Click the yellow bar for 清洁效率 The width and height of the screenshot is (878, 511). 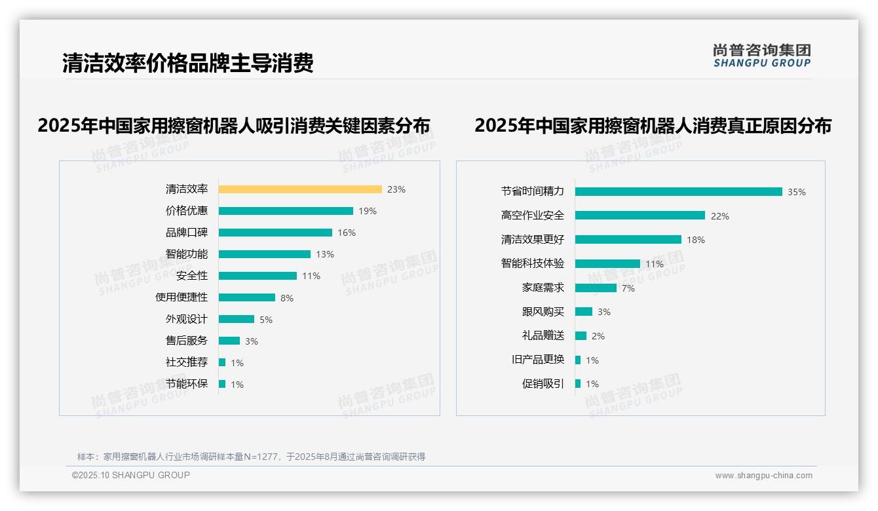coord(300,189)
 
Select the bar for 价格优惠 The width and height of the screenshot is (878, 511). coord(286,211)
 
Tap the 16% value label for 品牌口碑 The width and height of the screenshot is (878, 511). coord(347,233)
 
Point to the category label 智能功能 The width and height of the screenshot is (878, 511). coord(186,254)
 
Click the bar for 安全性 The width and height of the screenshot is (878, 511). coord(258,276)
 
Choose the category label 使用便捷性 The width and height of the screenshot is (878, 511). coord(181,297)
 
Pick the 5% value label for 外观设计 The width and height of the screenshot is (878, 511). coord(265,320)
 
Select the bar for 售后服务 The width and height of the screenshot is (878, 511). coord(229,341)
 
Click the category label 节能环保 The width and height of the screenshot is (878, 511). coord(186,384)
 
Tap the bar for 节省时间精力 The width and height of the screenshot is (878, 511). coord(679,192)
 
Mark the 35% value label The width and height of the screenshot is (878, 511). coord(797,192)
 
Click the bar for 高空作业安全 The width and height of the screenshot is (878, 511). coord(640,216)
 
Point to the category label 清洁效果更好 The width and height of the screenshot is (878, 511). coord(532,240)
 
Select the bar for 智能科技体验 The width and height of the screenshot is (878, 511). coord(607,264)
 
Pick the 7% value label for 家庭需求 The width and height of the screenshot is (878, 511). coord(628,288)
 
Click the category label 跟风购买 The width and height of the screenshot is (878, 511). coord(543,312)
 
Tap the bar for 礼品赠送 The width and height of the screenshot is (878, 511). coord(581,336)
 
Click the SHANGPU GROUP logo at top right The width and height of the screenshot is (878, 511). coord(762,56)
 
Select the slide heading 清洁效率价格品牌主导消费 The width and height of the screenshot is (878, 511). coord(187,63)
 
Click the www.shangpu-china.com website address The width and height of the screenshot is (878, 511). coord(763,476)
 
